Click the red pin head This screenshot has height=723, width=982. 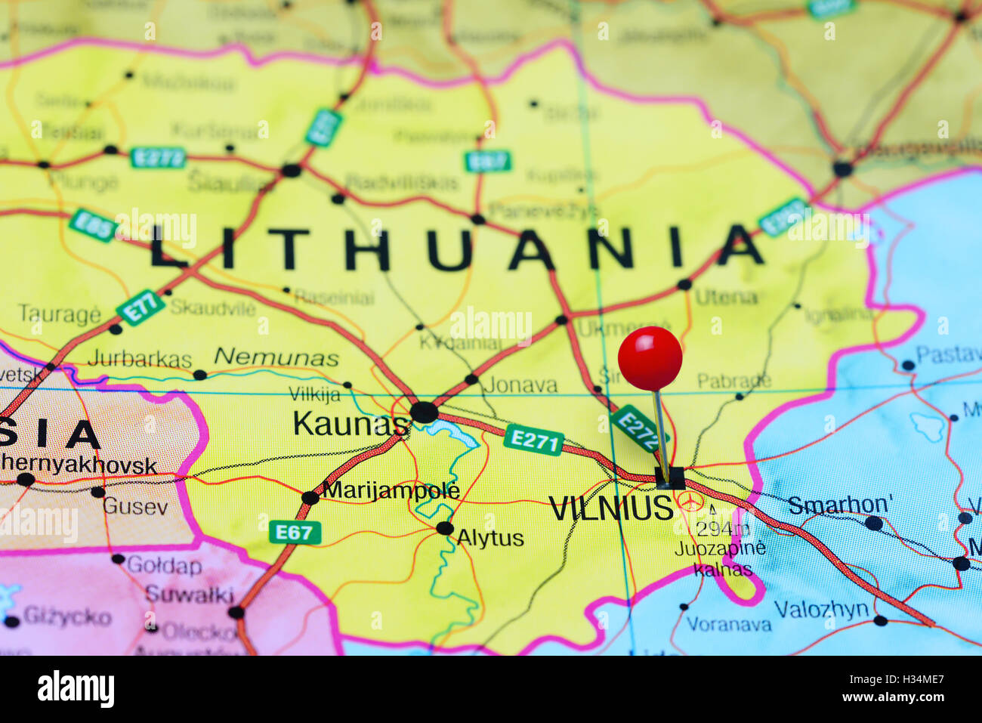[x=650, y=358]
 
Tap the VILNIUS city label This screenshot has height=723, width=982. [x=610, y=508]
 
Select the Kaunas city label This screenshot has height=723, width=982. [x=349, y=424]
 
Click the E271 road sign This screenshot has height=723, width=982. [x=534, y=440]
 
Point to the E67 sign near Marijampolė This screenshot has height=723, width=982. [x=295, y=533]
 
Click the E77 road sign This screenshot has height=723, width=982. [x=141, y=308]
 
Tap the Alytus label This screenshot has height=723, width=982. [x=490, y=538]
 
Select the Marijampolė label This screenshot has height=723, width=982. [x=391, y=490]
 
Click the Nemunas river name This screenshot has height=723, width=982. [x=276, y=357]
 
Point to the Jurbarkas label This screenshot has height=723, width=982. [x=140, y=359]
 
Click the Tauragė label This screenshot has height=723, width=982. [x=59, y=314]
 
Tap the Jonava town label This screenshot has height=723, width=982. [x=520, y=385]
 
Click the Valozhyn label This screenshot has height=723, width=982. [x=821, y=609]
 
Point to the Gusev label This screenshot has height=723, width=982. [x=135, y=506]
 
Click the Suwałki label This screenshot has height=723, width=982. [x=190, y=595]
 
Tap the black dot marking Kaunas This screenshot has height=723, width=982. [x=424, y=412]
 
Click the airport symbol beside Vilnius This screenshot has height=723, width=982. [x=690, y=501]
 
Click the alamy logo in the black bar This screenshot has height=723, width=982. [x=76, y=689]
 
